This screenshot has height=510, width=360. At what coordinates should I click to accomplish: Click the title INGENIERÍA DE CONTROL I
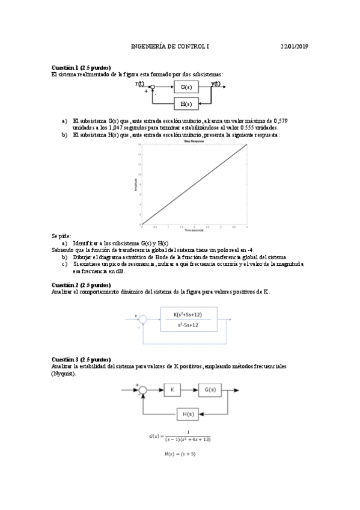pyautogui.click(x=171, y=46)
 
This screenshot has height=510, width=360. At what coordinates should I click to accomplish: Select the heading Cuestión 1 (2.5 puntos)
pyautogui.click(x=81, y=67)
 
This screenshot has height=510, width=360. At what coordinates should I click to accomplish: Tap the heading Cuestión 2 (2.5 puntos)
pyautogui.click(x=81, y=284)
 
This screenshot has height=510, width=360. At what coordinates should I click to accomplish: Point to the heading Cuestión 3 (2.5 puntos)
pyautogui.click(x=81, y=359)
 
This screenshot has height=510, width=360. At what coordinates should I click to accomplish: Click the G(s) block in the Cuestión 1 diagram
pyautogui.click(x=186, y=88)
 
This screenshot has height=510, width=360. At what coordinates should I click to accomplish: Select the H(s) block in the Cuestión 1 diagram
pyautogui.click(x=186, y=104)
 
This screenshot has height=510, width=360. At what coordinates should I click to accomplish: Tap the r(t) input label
pyautogui.click(x=140, y=84)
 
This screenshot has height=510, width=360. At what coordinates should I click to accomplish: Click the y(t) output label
pyautogui.click(x=216, y=84)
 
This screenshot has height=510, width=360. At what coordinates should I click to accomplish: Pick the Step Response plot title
pyautogui.click(x=195, y=141)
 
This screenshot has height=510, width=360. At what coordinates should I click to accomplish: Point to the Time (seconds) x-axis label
pyautogui.click(x=194, y=230)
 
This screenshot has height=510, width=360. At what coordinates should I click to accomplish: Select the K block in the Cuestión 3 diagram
pyautogui.click(x=172, y=390)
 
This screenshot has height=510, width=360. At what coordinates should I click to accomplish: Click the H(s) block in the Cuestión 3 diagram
pyautogui.click(x=190, y=413)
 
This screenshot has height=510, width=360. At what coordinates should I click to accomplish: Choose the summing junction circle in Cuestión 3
pyautogui.click(x=142, y=390)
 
